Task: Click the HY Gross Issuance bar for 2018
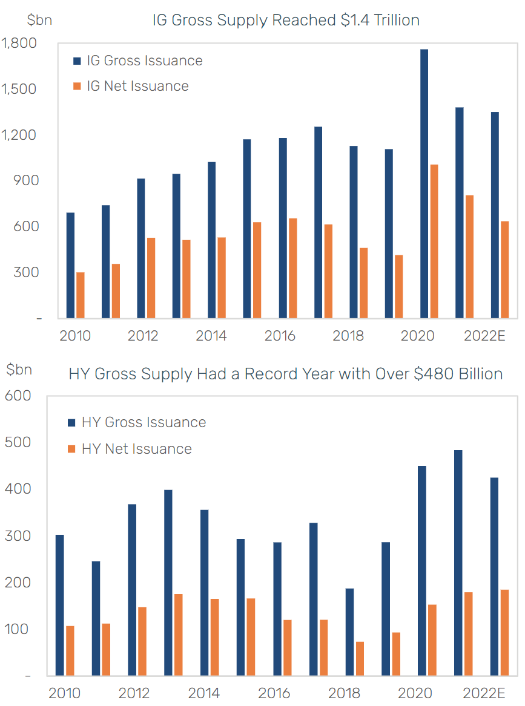tap(349, 632)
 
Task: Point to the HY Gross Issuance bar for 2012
tap(132, 589)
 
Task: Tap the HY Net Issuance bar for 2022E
tap(504, 632)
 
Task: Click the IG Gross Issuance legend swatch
tap(77, 61)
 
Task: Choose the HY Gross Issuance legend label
tap(144, 422)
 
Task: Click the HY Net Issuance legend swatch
tap(71, 449)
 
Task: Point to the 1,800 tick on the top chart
tap(19, 44)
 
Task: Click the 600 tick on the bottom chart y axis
tap(18, 396)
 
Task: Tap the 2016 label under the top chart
tap(280, 336)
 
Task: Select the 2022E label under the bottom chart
tap(484, 693)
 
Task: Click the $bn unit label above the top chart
tap(39, 19)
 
